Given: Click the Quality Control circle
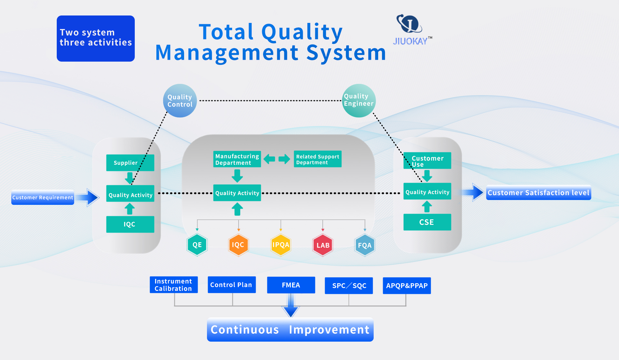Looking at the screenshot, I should (x=180, y=101).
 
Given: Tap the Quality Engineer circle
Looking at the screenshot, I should (x=359, y=100).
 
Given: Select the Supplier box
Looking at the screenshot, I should (x=130, y=163).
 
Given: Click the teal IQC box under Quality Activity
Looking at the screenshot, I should (x=130, y=224).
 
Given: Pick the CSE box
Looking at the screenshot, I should (x=427, y=222).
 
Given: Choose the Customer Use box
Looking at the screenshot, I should (x=427, y=161).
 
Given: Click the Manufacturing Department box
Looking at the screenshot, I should (x=237, y=159).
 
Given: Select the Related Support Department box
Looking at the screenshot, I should (x=318, y=159).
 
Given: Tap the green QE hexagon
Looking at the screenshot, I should (x=197, y=245).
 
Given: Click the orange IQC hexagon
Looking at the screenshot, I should (x=238, y=245).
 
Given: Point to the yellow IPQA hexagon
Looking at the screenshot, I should (x=280, y=245).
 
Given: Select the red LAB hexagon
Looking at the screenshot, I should (x=323, y=245).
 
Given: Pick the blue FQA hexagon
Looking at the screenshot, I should (x=365, y=245).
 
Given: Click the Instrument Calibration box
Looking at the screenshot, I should (x=173, y=285).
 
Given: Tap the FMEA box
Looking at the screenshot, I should (x=291, y=285).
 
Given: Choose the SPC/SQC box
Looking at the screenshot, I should (x=349, y=285).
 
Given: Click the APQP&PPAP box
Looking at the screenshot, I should (x=407, y=285).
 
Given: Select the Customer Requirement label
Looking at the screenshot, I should (x=43, y=197).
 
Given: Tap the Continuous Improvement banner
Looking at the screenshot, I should (x=290, y=330).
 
